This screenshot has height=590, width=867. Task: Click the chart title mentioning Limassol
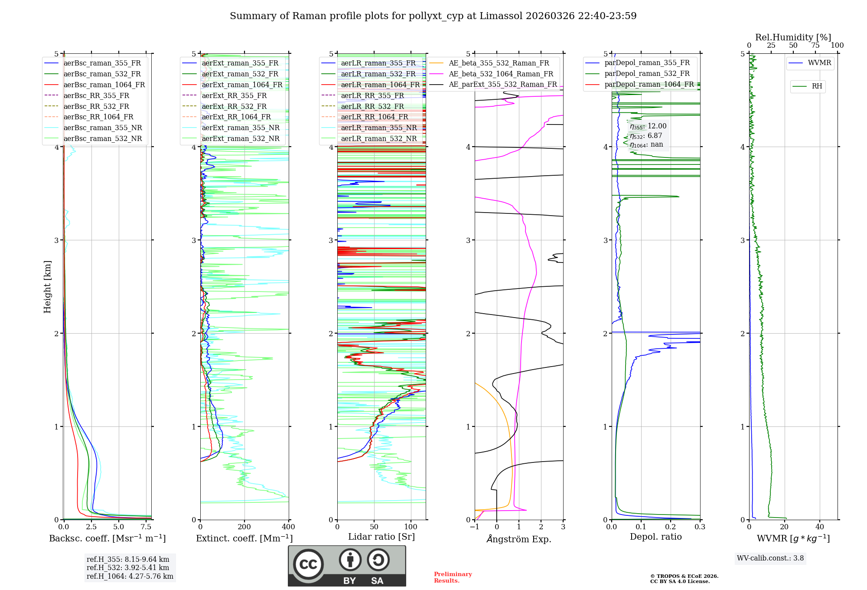click(433, 16)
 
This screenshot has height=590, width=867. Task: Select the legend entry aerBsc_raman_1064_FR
click(104, 85)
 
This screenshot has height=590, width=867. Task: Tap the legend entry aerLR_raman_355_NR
click(378, 128)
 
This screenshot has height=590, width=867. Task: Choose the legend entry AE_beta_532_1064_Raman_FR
click(501, 74)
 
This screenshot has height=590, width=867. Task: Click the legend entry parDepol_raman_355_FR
click(647, 63)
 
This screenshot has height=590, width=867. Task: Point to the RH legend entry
click(817, 86)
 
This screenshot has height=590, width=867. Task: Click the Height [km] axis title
click(47, 287)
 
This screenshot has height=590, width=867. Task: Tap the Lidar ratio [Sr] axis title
click(381, 537)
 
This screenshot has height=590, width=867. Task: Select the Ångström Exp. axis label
click(519, 539)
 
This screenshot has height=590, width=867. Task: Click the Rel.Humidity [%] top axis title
click(793, 37)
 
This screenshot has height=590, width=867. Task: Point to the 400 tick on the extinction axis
click(288, 527)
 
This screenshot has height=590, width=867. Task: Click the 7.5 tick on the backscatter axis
click(146, 527)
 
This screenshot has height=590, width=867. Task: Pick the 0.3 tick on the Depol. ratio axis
click(700, 527)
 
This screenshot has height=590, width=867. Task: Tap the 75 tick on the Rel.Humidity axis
click(815, 46)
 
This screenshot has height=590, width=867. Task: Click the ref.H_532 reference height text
click(127, 567)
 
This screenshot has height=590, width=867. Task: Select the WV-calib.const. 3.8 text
click(770, 558)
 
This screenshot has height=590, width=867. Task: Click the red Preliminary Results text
click(453, 577)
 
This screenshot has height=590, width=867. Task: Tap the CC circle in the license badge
click(308, 564)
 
